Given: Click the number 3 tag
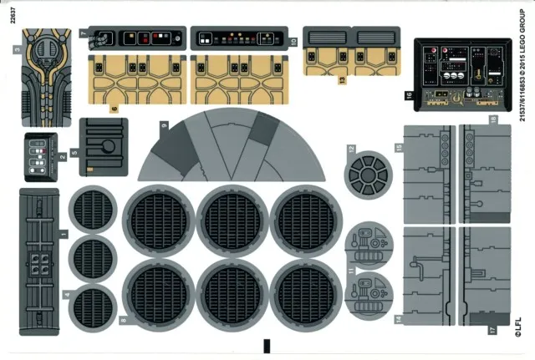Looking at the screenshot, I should pyautogui.click(x=17, y=50).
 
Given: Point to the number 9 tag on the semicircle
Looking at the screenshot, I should pyautogui.click(x=165, y=125).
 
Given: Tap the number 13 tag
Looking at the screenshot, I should pyautogui.click(x=342, y=81).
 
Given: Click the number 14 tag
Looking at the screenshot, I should pyautogui.click(x=400, y=320).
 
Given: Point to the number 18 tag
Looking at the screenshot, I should pyautogui.click(x=493, y=120).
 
